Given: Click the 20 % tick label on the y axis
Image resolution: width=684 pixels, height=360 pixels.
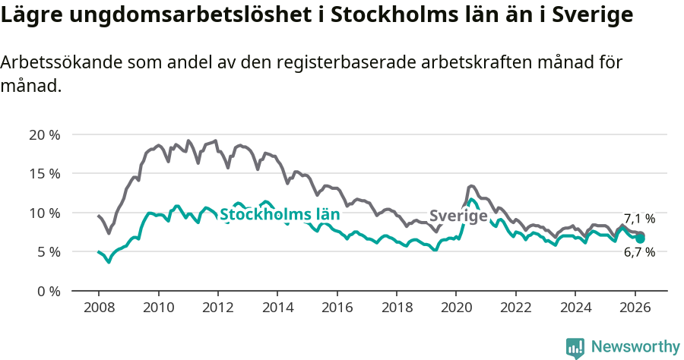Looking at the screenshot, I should tap(44, 134).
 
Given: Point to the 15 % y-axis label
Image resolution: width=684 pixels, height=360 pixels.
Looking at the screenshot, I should tap(44, 173).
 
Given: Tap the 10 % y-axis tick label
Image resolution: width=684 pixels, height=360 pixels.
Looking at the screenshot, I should tap(44, 213).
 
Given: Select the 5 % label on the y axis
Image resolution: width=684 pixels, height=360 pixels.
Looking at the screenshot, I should tap(47, 251).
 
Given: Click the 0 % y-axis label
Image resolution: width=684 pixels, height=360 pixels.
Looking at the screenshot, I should tap(47, 291).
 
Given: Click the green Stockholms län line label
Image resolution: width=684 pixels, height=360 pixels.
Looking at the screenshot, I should tap(279, 214).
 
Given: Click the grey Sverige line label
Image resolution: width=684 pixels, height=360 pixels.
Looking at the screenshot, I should tap(458, 216).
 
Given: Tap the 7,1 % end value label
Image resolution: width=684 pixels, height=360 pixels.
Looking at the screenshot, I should tap(639, 219).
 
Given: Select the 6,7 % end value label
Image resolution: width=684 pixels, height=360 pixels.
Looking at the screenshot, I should tap(639, 252).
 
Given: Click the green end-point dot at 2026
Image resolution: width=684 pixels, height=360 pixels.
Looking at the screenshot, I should tap(641, 238).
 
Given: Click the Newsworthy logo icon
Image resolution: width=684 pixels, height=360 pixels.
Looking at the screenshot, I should tap(575, 348).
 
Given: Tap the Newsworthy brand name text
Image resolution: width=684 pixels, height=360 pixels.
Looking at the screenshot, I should tap(635, 347).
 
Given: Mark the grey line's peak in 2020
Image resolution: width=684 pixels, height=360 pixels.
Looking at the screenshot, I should tap(471, 185).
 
